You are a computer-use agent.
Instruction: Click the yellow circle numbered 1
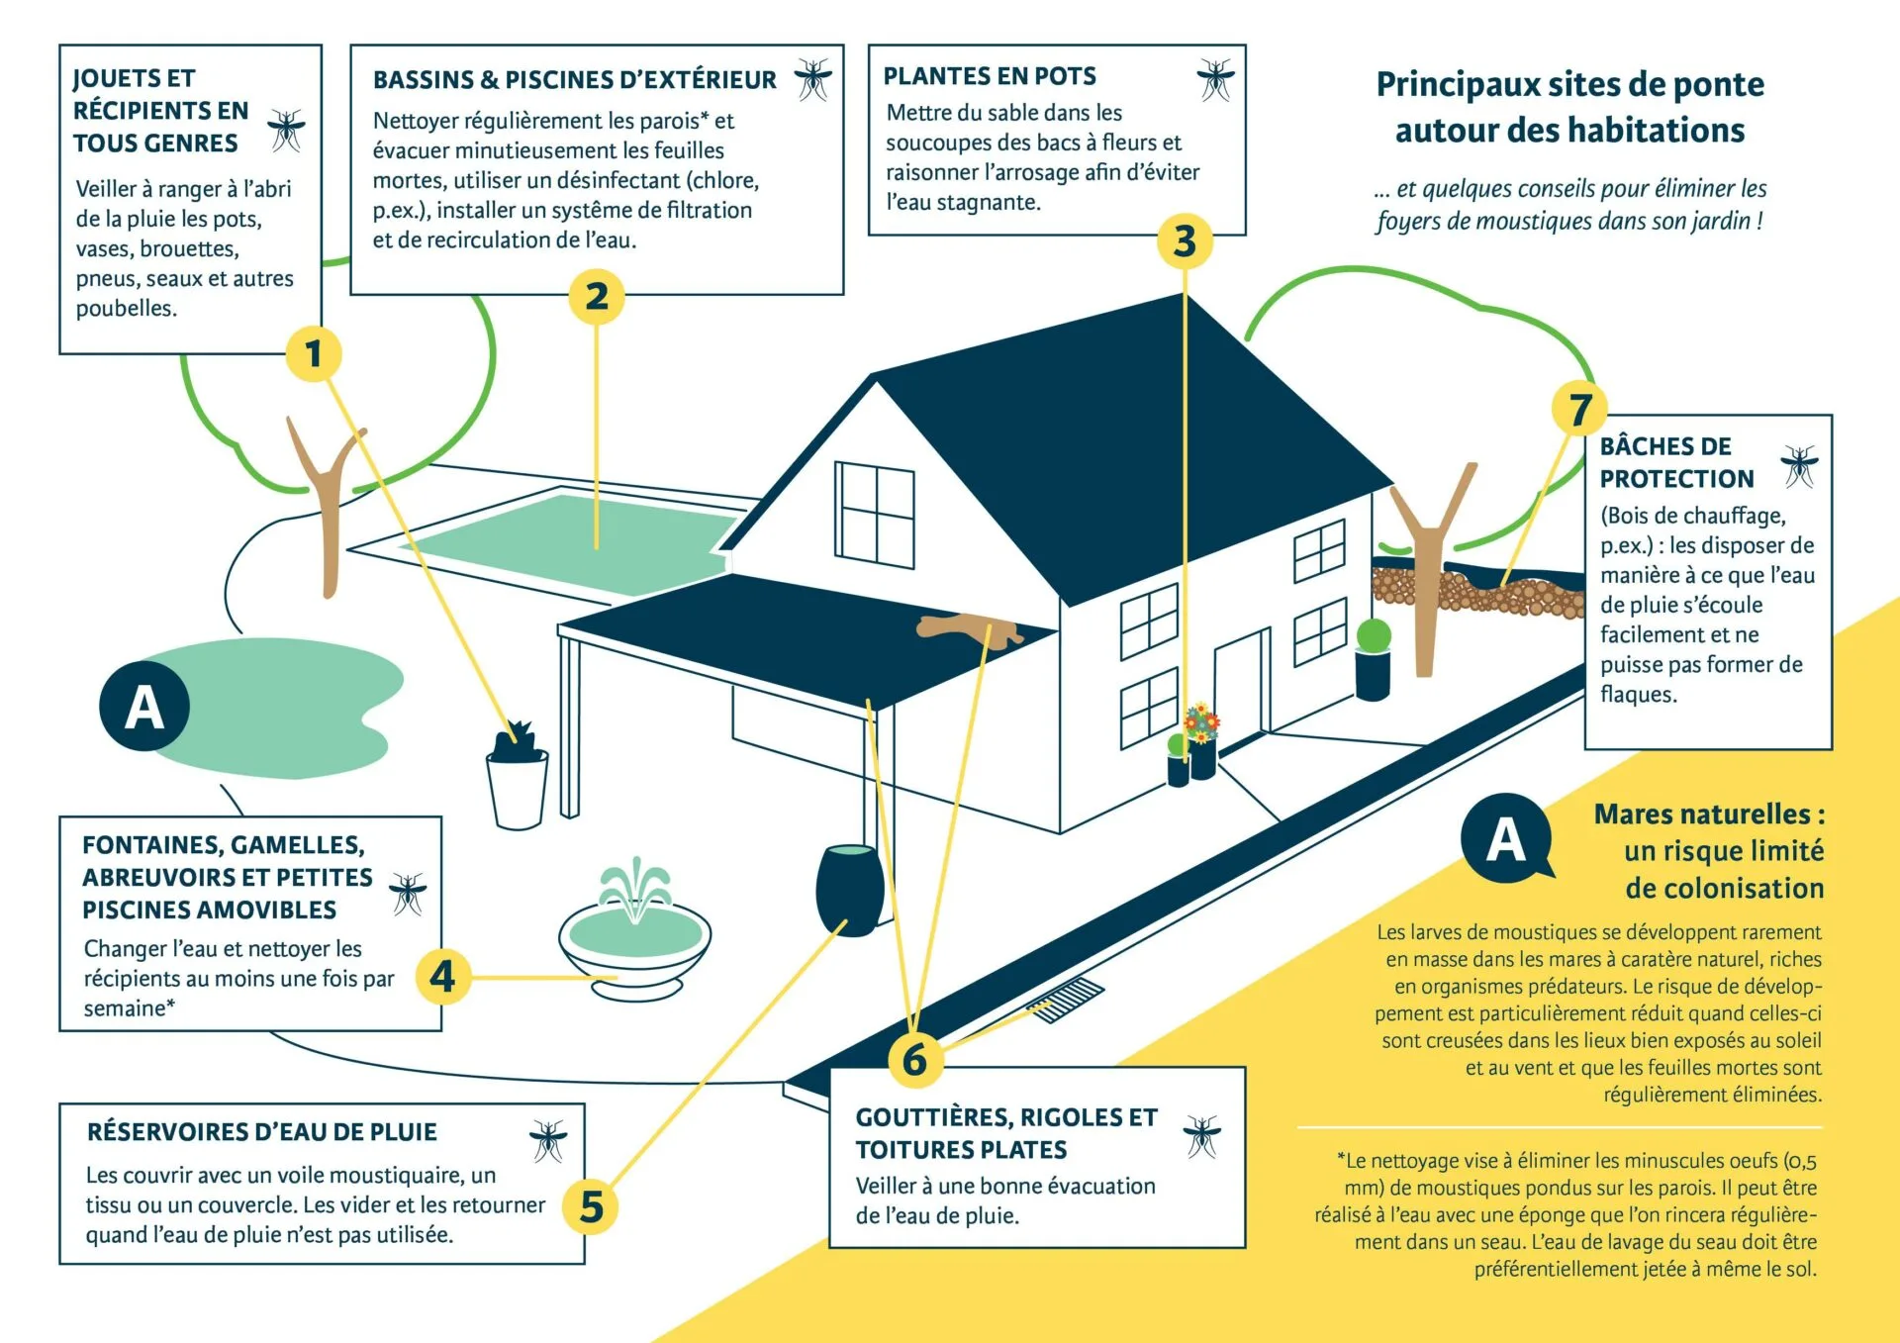pyautogui.click(x=314, y=353)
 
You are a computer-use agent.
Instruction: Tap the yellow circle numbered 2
pyautogui.click(x=596, y=296)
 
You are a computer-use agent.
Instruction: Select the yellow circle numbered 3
pyautogui.click(x=1185, y=240)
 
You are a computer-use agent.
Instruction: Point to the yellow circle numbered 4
pyautogui.click(x=442, y=977)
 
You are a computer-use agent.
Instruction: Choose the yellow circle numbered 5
pyautogui.click(x=591, y=1206)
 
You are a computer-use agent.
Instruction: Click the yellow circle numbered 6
pyautogui.click(x=914, y=1059)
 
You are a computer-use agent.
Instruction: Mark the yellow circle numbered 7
pyautogui.click(x=1580, y=409)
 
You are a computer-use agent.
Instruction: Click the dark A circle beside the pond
pyautogui.click(x=144, y=707)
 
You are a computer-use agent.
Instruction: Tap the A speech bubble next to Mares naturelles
pyautogui.click(x=1505, y=839)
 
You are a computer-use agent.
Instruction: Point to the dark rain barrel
pyautogui.click(x=849, y=889)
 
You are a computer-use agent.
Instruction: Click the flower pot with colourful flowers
pyautogui.click(x=1202, y=742)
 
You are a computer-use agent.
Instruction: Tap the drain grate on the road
pyautogui.click(x=1066, y=999)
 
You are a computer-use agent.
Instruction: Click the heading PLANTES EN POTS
pyautogui.click(x=990, y=76)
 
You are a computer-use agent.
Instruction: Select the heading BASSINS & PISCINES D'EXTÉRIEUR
pyautogui.click(x=574, y=80)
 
